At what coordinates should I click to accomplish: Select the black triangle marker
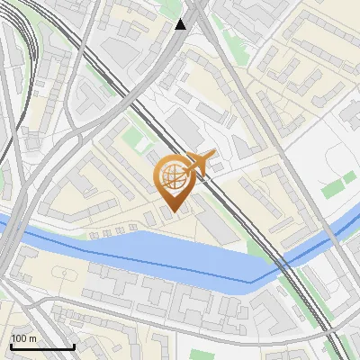(182, 24)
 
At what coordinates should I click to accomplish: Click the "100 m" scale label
(23, 337)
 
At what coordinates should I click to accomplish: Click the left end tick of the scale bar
(11, 345)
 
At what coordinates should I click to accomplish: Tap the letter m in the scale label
(33, 337)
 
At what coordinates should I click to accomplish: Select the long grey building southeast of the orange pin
(216, 220)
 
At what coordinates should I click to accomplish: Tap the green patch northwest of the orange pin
(134, 139)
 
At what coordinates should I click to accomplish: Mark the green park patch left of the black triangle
(167, 11)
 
